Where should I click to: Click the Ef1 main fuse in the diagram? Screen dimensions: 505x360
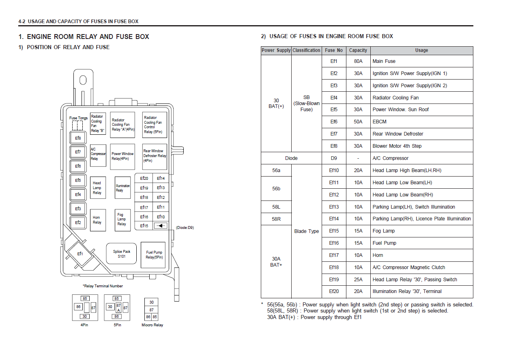pos(80,254)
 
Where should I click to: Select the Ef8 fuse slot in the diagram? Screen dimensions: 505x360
pos(78,138)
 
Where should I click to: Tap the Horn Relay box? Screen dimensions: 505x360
pos(98,220)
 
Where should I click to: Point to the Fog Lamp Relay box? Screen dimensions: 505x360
pos(122,220)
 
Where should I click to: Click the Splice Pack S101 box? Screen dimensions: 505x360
pos(121,254)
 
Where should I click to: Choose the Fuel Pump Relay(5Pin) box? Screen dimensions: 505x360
pos(153,255)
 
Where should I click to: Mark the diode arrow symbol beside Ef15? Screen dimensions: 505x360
pos(161,226)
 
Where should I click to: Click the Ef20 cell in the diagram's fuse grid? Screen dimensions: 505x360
pos(144,178)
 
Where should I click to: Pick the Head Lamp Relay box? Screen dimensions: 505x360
pos(98,188)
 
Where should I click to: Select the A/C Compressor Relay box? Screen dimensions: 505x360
pos(98,155)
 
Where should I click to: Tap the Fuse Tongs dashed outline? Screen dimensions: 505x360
pos(77,125)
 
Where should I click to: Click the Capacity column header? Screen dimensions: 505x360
pos(358,50)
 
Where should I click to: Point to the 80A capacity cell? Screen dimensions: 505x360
pos(358,61)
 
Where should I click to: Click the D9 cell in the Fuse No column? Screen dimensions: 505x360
pos(334,158)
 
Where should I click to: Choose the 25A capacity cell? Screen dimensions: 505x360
pos(358,280)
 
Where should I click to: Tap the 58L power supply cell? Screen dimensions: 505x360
pos(276,207)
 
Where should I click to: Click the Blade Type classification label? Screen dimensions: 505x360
pos(306,231)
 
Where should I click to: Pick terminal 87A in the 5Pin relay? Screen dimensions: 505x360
pos(118,308)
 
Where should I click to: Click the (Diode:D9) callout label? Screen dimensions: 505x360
pos(185,228)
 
